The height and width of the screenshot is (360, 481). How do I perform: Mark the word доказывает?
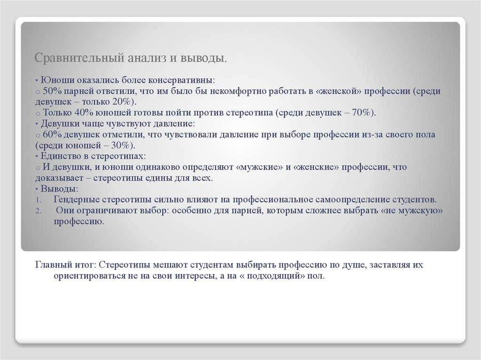click(x=60, y=178)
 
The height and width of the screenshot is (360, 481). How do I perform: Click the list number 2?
click(x=38, y=211)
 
